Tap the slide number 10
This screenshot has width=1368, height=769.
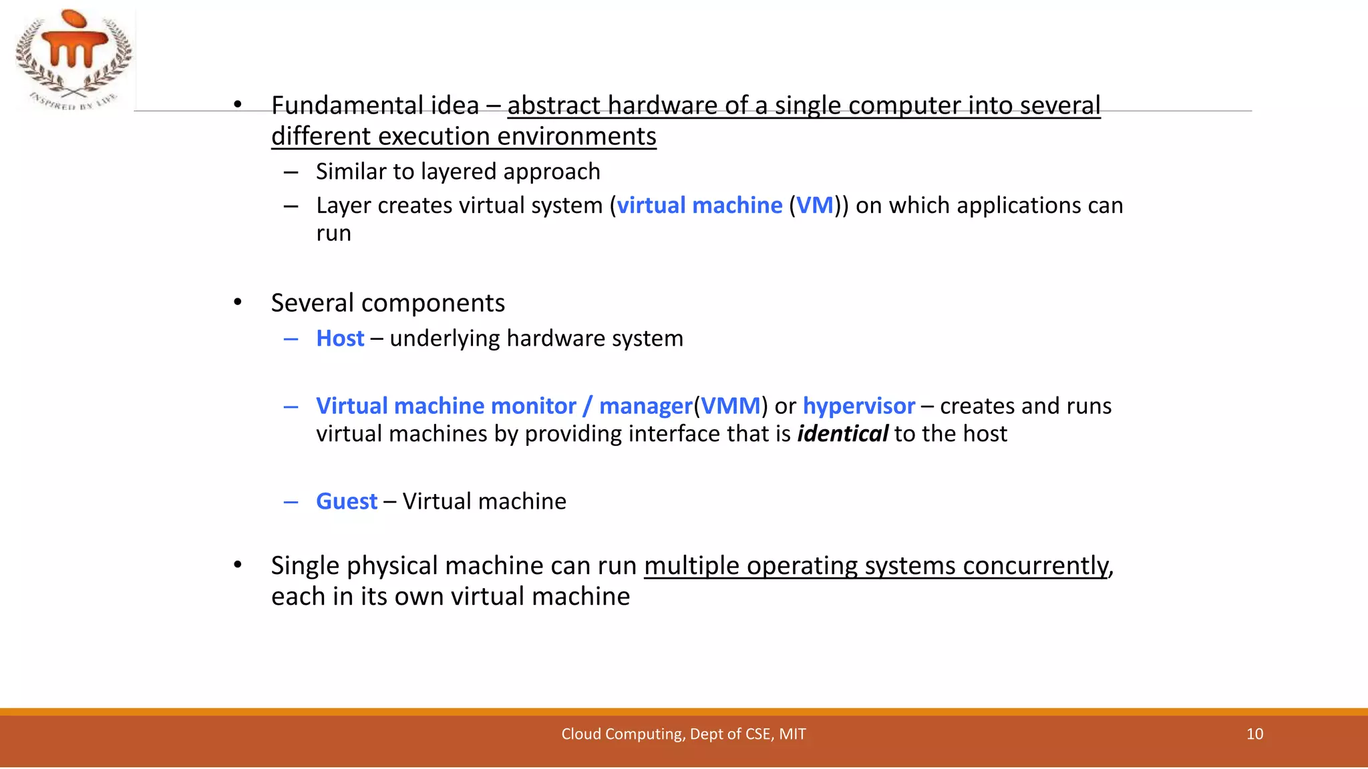(x=1254, y=734)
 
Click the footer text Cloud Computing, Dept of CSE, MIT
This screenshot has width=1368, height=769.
(x=683, y=734)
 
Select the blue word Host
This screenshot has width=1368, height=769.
(x=340, y=338)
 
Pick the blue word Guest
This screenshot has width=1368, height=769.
(x=347, y=501)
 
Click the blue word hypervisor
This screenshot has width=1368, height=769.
(x=858, y=406)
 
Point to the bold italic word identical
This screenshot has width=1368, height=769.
(x=842, y=434)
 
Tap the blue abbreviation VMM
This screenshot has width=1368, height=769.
(x=730, y=406)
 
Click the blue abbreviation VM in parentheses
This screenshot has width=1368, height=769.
(x=815, y=206)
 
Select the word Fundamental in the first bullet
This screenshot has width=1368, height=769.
(x=347, y=105)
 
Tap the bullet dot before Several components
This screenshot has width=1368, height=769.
(x=238, y=302)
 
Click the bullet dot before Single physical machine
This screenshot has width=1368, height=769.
(x=238, y=565)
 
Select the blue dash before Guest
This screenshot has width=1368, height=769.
(x=291, y=501)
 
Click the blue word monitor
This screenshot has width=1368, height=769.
(x=533, y=406)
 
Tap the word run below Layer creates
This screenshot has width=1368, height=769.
(x=333, y=234)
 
